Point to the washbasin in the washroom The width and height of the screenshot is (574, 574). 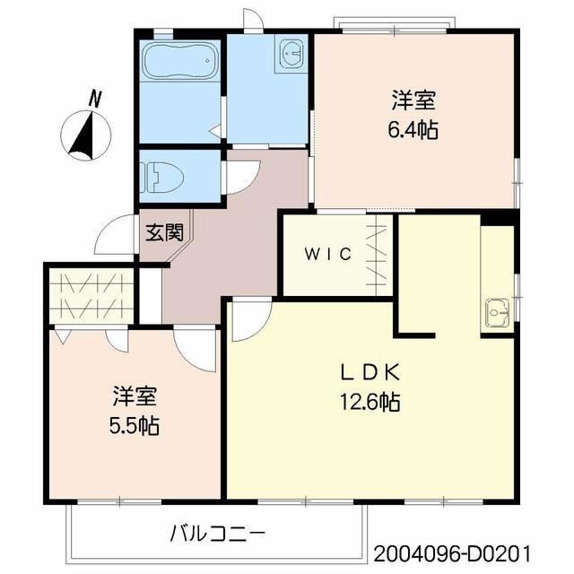pyautogui.click(x=292, y=53)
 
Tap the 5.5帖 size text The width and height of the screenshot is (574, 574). pyautogui.click(x=135, y=424)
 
